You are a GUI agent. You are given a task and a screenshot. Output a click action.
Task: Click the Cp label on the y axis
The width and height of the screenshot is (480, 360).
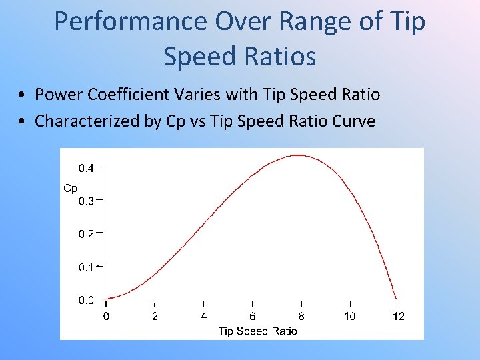point(70,188)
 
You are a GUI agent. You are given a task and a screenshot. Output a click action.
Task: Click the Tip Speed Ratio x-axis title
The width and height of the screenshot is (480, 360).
point(257,331)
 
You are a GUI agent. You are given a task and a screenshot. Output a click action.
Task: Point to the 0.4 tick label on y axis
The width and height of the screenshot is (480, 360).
point(87,167)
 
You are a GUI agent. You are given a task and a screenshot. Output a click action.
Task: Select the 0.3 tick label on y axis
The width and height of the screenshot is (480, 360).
point(87,200)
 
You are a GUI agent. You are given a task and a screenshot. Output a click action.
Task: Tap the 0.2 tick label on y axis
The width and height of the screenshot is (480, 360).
point(87,233)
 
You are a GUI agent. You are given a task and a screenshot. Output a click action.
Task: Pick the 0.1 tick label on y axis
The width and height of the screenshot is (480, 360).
point(87,267)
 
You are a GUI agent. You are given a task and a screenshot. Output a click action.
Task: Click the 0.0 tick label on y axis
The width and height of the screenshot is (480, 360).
point(87,300)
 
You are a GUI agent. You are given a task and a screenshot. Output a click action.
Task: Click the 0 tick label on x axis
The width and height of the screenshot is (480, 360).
point(106,316)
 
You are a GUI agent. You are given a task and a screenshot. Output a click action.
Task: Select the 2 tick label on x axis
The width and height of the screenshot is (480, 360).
point(155,316)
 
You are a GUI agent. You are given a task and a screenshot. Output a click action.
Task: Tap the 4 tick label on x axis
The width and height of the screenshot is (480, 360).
point(203,316)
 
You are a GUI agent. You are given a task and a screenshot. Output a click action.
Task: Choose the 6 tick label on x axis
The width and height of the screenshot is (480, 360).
point(252,316)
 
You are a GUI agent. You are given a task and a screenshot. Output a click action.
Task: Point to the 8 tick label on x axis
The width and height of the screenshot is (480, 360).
point(301,316)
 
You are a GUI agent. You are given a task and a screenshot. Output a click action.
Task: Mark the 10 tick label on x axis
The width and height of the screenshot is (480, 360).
point(349,316)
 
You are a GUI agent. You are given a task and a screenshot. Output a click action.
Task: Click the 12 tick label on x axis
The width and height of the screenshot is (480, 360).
point(398,316)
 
